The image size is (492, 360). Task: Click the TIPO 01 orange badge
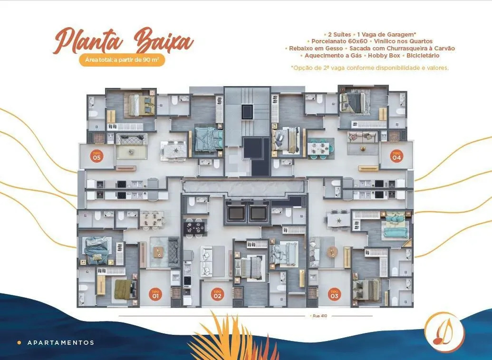tap(155, 294)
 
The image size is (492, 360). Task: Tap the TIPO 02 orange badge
tap(217, 294)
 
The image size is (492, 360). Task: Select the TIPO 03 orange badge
tap(335, 294)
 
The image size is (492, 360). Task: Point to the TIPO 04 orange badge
tap(396, 156)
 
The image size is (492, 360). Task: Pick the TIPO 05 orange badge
tap(96, 156)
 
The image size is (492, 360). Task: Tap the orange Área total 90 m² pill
tap(122, 60)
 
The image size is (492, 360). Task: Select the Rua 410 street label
tap(320, 316)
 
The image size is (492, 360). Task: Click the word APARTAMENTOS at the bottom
tap(61, 343)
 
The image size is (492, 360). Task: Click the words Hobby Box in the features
tap(384, 56)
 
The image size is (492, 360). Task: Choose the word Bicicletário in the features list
tap(423, 56)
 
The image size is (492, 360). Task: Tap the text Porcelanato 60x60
tap(339, 41)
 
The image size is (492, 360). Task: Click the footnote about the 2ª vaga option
tap(370, 68)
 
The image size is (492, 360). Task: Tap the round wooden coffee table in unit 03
tap(332, 252)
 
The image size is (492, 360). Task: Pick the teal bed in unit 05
tap(208, 138)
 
